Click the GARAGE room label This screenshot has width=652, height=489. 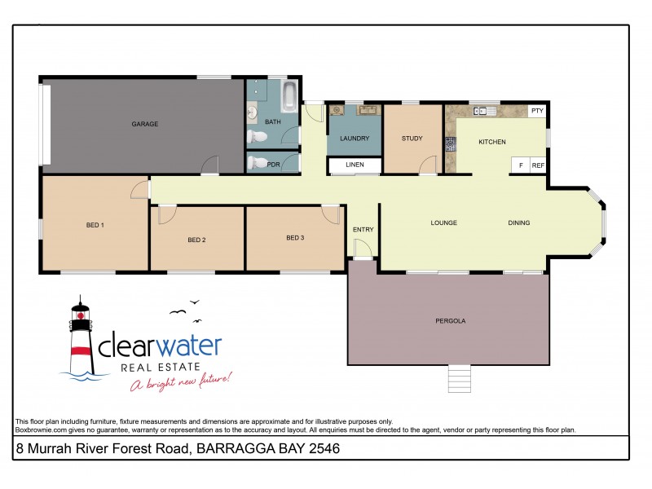[x=145, y=124]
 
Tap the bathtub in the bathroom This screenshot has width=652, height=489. [x=289, y=98]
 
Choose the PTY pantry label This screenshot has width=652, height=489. [x=537, y=111]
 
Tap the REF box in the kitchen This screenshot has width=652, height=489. [x=538, y=165]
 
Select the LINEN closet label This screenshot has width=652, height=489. [x=355, y=166]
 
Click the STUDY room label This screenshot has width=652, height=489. [x=412, y=139]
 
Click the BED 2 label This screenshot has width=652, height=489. [x=196, y=240]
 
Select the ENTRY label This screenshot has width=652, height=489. [x=363, y=230]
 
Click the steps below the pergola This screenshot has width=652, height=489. [x=460, y=379]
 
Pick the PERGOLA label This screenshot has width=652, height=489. [x=451, y=321]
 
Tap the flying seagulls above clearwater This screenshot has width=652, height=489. [x=184, y=308]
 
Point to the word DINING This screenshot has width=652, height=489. [x=519, y=222]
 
